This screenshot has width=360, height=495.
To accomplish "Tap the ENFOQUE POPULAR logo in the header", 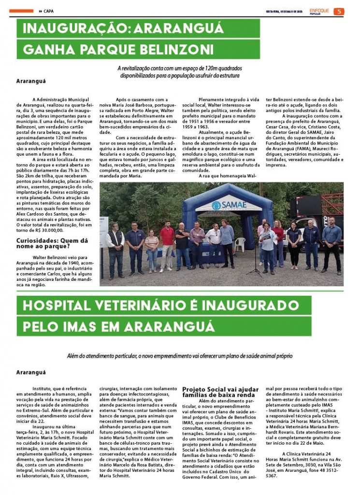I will click(319, 11).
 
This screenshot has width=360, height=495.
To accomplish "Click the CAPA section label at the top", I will click(48, 11).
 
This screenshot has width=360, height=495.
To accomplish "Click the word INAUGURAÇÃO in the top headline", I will click(73, 29).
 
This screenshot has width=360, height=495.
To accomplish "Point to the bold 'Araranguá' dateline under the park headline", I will click(31, 81).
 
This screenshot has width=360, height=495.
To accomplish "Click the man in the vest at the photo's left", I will click(115, 248).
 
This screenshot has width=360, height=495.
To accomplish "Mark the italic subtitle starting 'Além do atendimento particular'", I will click(180, 356).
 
